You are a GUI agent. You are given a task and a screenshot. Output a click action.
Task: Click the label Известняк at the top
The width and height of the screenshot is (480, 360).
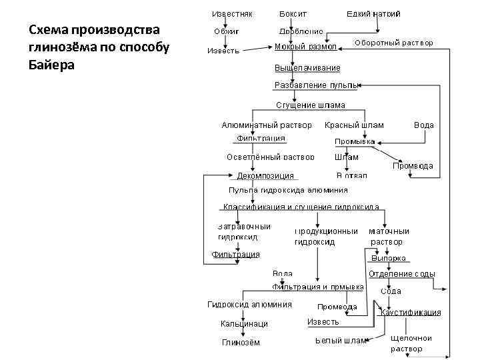point(232,13)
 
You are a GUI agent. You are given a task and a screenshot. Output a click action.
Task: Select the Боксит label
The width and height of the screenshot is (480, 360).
point(293,13)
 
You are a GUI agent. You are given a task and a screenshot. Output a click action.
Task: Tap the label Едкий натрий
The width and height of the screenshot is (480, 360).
point(373,13)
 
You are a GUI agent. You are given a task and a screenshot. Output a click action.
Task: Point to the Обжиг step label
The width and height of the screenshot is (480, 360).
point(226,31)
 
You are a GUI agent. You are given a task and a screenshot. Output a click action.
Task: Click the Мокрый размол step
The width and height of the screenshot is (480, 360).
point(306,47)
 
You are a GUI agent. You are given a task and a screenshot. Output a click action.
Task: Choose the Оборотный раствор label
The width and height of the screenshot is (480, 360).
point(393,43)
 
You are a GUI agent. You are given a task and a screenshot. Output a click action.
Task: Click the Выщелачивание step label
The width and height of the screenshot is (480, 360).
point(307,68)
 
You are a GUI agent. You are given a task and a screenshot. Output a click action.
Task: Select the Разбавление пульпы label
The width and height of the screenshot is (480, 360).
point(317,85)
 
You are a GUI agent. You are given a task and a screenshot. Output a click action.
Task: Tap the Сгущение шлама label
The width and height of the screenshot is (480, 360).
point(311,105)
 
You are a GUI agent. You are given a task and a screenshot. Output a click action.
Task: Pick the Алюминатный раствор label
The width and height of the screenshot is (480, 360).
point(267,125)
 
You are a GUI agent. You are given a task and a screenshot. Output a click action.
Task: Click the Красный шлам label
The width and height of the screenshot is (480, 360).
point(354,125)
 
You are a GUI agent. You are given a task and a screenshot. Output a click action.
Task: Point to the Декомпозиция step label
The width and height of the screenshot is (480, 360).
point(265,176)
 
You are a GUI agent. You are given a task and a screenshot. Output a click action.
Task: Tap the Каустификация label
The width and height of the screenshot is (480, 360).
point(411,312)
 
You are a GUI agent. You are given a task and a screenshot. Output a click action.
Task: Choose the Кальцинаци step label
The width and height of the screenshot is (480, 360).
point(244,324)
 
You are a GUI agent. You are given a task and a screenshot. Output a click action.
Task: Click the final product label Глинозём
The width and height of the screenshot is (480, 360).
point(241,343)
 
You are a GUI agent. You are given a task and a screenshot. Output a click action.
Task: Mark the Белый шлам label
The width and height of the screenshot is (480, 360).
point(341,341)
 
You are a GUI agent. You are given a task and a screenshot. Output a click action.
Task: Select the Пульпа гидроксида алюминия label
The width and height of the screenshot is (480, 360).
point(288,190)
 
